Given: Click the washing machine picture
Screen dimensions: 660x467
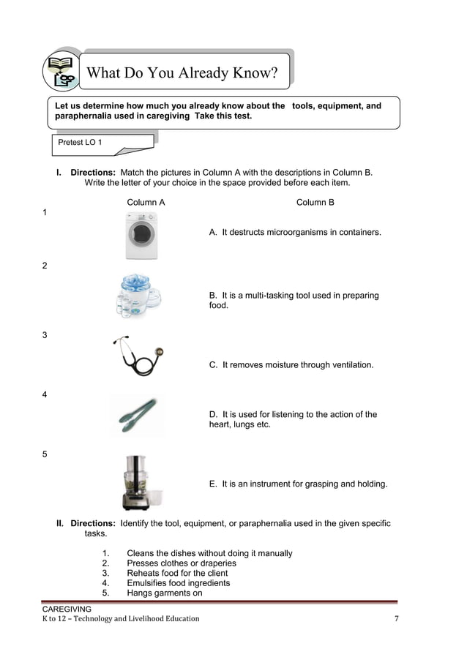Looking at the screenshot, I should (141, 236).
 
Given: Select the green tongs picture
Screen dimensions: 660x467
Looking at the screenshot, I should (137, 415).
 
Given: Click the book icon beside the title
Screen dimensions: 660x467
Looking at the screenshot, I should (62, 72).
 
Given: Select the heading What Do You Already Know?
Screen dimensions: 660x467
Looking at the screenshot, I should (182, 73).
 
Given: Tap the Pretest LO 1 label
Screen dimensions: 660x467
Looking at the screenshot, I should (81, 143).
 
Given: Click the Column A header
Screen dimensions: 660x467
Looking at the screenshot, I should (146, 202).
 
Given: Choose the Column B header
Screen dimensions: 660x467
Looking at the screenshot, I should (315, 202).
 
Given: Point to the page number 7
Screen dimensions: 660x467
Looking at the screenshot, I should (396, 619).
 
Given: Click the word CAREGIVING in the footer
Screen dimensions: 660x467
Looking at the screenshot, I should (67, 609).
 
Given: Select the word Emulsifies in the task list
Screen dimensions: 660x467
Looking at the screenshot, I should (148, 583).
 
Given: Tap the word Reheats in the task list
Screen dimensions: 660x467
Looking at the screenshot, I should (143, 573).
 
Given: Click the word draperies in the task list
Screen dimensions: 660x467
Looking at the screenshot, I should (217, 563).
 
